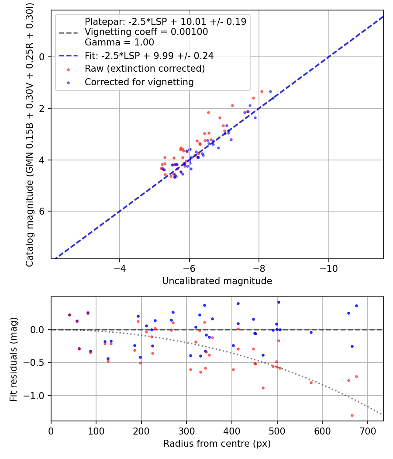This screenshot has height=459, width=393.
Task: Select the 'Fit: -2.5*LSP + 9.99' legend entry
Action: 149,56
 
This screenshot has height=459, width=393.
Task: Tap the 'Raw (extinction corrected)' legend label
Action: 145,69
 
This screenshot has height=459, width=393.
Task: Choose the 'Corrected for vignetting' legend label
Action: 139,82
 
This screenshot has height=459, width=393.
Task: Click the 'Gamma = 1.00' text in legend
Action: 119,42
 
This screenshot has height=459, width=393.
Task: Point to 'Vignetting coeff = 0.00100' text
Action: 146,32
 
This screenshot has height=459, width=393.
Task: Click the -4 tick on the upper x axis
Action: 120,268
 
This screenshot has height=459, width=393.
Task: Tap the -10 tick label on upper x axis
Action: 328,268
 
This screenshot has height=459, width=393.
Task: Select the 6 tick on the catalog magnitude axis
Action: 42,212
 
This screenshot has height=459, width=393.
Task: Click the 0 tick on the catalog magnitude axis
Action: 42,57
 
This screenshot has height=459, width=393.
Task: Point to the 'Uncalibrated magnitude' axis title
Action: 217,281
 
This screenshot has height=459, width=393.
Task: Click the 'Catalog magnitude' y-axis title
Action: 30,133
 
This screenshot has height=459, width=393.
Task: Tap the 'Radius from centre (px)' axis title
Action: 217,444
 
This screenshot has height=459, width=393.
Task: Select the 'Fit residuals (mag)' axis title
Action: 14,359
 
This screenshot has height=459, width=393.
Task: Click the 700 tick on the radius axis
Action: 367,430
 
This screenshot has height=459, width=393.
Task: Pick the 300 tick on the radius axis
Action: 186,430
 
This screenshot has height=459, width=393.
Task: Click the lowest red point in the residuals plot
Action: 352,415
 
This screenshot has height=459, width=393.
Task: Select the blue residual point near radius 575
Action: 311,332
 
